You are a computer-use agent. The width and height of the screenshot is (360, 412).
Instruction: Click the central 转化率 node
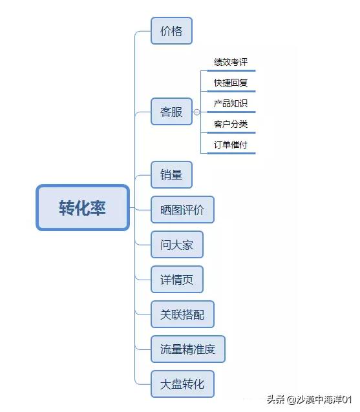pyautogui.click(x=83, y=208)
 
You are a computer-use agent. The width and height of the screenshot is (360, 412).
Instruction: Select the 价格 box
pyautogui.click(x=171, y=31)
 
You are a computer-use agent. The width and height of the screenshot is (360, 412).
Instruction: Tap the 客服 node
pyautogui.click(x=171, y=112)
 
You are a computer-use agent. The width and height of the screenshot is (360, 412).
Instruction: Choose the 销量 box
pyautogui.click(x=171, y=174)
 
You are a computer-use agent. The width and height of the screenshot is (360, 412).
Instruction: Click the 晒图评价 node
pyautogui.click(x=182, y=210)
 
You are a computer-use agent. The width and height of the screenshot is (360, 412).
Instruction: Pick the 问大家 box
pyautogui.click(x=176, y=245)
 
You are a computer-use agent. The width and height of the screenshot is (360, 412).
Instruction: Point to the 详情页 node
pyautogui.click(x=176, y=280)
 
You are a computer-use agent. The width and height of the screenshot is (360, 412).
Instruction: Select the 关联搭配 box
pyautogui.click(x=182, y=314)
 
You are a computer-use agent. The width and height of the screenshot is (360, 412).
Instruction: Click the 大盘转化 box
pyautogui.click(x=182, y=384)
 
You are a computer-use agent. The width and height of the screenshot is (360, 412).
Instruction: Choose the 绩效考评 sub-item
pyautogui.click(x=231, y=63)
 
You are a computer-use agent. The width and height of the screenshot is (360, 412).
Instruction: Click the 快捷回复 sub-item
pyautogui.click(x=231, y=83)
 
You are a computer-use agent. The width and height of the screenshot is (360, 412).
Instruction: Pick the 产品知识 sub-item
pyautogui.click(x=231, y=103)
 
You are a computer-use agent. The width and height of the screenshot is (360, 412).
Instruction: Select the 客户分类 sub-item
pyautogui.click(x=231, y=123)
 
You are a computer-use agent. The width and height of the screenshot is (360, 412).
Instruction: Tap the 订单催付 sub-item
pyautogui.click(x=231, y=144)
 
